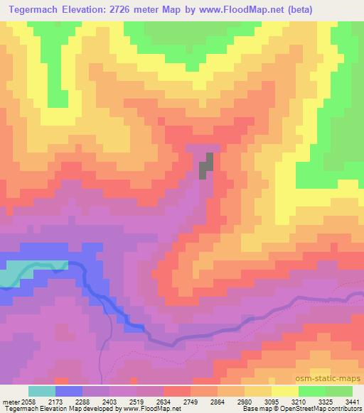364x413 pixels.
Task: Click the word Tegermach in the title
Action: pos(36,9)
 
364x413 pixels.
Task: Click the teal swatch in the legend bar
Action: pos(42,391)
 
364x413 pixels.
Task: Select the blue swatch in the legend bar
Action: pos(69,391)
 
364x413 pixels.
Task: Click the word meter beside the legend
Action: pos(10,402)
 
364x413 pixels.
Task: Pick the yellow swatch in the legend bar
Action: pos(285,391)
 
